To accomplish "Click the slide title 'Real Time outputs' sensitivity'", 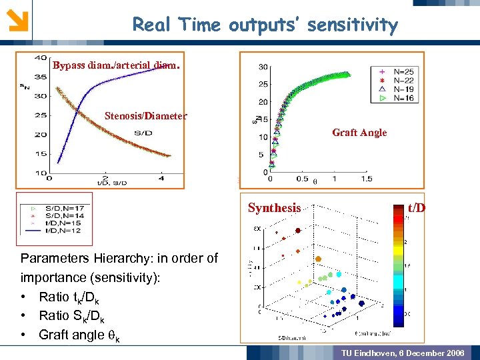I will pyautogui.click(x=265, y=25).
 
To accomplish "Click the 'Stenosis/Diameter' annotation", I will pyautogui.click(x=146, y=115).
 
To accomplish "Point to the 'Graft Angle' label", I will pyautogui.click(x=359, y=133).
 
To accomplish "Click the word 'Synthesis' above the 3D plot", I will pyautogui.click(x=274, y=208).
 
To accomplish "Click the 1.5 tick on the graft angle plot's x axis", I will pyautogui.click(x=366, y=179).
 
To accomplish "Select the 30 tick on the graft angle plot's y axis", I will pyautogui.click(x=263, y=67).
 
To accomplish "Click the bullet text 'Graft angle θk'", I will pyautogui.click(x=79, y=335).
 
